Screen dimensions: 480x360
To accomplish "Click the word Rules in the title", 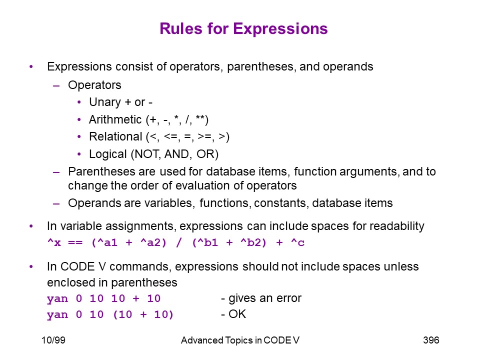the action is point(181,29).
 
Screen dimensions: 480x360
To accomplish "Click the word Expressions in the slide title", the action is point(280,29).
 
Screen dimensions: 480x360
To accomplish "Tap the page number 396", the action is point(431,340).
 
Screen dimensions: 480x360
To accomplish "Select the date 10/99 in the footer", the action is point(53,340).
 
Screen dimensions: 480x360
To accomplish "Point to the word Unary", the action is point(105,102).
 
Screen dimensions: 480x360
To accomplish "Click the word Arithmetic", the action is point(115,119).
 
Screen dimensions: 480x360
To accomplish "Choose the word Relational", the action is point(115,136).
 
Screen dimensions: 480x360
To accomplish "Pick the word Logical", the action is point(108,154).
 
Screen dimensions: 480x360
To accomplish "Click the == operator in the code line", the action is point(75,243).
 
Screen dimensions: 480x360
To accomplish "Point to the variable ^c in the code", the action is point(297,243).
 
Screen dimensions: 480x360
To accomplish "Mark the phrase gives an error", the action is point(265,298).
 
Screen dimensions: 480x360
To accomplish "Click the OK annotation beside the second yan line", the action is point(237,314).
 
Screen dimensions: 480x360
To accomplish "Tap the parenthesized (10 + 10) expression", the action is point(143,314).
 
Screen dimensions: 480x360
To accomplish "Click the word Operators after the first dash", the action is point(94,85).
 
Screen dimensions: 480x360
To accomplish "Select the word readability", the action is point(396,226).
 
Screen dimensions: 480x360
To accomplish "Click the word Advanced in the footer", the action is point(202,340).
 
